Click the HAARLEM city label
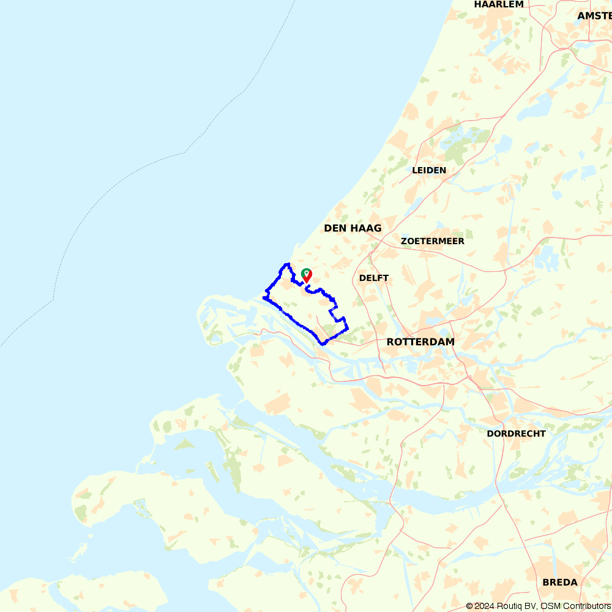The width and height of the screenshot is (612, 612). pos(499,4)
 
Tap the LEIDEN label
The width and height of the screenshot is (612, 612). pos(429,170)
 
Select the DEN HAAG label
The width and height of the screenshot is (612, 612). pos(353,228)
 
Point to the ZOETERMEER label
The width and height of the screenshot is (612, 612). pos(433,241)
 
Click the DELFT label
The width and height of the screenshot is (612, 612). pos(374,278)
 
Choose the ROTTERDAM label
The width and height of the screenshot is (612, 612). pos(420,342)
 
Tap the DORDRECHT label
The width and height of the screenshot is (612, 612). pos(516,434)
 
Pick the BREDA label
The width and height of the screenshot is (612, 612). pos(559,582)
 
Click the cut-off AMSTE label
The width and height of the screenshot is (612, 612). pos(594,16)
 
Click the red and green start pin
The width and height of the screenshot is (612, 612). pos(307,275)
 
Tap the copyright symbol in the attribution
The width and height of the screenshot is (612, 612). pos(469,606)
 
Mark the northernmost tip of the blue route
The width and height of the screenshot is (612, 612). pos(287,264)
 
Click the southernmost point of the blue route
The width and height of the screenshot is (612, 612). pos(324,344)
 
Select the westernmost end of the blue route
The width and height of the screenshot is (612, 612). pos(264,297)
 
